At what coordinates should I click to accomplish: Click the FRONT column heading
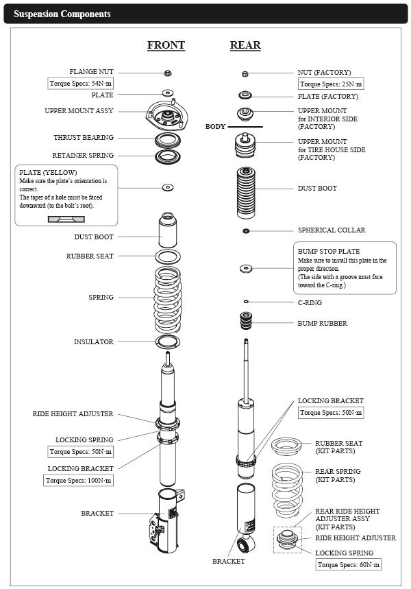pos(166,45)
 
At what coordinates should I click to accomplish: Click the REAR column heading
pos(245,45)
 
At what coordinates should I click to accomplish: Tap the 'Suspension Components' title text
pos(62,14)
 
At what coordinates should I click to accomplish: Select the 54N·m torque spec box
pos(81,84)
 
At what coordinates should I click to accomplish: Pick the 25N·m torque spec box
pos(331,84)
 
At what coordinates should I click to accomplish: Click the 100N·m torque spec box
pos(78,481)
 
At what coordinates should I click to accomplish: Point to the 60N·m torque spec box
pos(349,564)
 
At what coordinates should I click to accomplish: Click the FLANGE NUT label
pos(92,71)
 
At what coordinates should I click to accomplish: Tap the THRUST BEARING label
pos(84,138)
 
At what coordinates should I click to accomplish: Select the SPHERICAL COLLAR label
pos(332,230)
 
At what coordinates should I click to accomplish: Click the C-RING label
pos(310,302)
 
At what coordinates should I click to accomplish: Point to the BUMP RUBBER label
pos(322,323)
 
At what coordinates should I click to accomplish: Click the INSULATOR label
pos(94,341)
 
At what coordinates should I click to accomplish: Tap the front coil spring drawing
pos(167,300)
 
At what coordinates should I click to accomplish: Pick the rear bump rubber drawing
pos(245,321)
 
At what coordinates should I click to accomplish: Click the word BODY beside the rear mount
pos(215,127)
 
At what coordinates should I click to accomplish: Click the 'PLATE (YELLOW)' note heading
pos(48,172)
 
